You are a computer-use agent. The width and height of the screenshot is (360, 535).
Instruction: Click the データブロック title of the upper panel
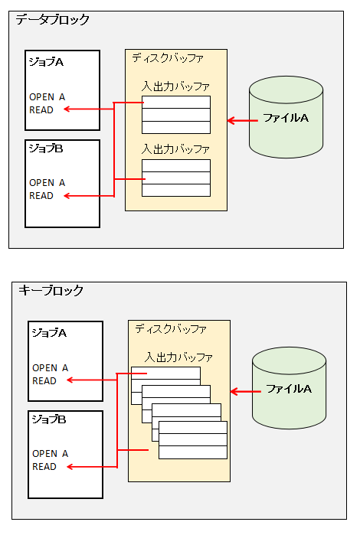pos(52,20)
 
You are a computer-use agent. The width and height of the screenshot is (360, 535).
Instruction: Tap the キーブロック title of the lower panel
pos(51,290)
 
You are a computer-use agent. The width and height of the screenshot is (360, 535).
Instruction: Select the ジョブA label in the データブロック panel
pos(46,62)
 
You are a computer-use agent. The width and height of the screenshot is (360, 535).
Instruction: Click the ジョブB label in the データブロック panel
pos(46,148)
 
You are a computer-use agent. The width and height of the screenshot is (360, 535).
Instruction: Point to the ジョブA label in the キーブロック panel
pos(49,333)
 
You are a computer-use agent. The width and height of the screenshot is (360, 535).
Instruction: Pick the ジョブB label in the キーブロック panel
pos(49,419)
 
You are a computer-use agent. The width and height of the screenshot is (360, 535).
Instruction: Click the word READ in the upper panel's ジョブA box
pos(41,110)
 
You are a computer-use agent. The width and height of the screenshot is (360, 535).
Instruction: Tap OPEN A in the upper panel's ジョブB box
pos(47,183)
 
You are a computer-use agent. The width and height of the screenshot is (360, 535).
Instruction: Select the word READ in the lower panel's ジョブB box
pos(44,466)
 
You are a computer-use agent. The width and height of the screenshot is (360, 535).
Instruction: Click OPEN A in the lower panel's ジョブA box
pos(51,368)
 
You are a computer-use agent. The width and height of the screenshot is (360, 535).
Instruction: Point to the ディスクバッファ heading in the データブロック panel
pos(168,58)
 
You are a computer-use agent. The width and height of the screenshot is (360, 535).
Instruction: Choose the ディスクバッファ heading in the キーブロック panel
pos(171,329)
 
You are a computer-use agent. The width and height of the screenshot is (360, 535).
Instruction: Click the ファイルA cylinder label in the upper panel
pos(286,118)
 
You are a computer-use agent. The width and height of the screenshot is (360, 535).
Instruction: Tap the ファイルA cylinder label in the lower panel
pos(289,389)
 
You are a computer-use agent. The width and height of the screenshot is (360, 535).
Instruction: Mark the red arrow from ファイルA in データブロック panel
pos(243,120)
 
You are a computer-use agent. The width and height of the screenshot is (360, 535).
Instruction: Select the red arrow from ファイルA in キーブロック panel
pos(246,391)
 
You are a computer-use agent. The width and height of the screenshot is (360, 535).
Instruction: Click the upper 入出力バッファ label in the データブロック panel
pos(175,86)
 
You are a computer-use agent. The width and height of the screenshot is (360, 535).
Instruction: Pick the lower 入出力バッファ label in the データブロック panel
pos(175,149)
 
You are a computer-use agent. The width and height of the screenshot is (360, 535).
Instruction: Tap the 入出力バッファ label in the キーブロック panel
pos(178,357)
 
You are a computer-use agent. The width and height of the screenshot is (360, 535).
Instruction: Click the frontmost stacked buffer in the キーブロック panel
pos(193,440)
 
